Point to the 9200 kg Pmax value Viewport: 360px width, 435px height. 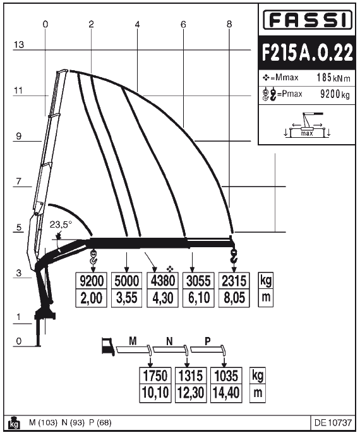click(335, 94)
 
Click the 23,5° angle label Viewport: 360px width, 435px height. click(61, 224)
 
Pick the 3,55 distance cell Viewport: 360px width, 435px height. click(128, 298)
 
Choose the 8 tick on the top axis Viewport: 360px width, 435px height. click(229, 24)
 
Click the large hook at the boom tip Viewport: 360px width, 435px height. click(233, 256)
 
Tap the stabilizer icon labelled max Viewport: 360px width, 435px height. click(308, 128)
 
